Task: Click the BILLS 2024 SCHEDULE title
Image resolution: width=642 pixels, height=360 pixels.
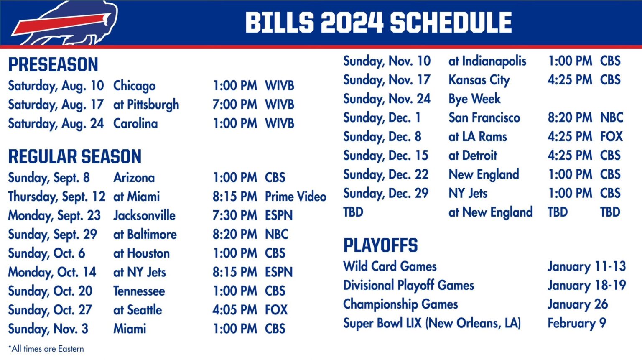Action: click(x=378, y=23)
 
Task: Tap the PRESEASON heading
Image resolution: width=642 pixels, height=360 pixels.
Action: click(x=53, y=65)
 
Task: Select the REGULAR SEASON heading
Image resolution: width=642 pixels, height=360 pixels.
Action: click(x=75, y=157)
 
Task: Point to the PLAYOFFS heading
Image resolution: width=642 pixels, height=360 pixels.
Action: click(x=380, y=245)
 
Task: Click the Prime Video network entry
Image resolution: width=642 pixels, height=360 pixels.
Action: click(x=296, y=197)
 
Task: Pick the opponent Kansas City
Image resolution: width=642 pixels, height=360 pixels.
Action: click(x=479, y=80)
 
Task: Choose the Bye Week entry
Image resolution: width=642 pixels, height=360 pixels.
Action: click(x=474, y=99)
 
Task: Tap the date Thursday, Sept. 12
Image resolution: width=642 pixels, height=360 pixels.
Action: click(x=56, y=197)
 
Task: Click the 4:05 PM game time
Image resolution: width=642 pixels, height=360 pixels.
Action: click(x=234, y=310)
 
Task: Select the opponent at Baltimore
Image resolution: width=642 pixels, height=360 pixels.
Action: click(x=145, y=234)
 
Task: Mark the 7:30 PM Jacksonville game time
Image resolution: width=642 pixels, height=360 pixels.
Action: click(x=234, y=215)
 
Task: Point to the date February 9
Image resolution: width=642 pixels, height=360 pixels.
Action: click(x=576, y=323)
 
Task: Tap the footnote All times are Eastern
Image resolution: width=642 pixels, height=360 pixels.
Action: click(x=46, y=349)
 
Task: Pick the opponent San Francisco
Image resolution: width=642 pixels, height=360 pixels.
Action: click(x=484, y=118)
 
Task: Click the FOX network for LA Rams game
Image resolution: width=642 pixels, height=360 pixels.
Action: click(x=611, y=137)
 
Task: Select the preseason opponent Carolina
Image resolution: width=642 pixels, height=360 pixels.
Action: click(x=135, y=124)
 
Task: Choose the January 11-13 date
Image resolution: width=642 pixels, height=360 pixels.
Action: click(x=586, y=266)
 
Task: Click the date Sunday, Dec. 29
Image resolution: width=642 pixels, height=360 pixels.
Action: click(x=385, y=193)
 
